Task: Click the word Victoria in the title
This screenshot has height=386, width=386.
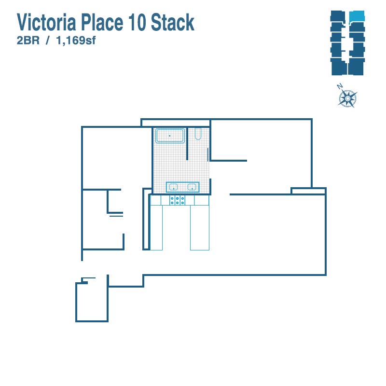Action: click(47, 22)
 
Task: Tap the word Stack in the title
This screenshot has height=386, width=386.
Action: click(173, 22)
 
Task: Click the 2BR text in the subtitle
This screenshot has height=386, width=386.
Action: click(28, 41)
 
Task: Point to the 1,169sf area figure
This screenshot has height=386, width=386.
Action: click(76, 41)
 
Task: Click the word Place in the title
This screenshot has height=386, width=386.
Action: click(102, 22)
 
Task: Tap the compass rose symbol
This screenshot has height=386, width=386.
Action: click(347, 98)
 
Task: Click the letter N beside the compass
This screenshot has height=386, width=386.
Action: click(340, 86)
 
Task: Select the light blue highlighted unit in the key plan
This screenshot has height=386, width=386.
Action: click(357, 16)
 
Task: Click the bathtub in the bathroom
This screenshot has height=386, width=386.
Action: click(170, 136)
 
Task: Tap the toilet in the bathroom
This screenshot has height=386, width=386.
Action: click(198, 134)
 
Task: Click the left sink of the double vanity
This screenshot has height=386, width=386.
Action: click(174, 187)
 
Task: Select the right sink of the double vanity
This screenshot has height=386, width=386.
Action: click(192, 187)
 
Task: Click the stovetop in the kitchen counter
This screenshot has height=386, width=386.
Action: click(177, 200)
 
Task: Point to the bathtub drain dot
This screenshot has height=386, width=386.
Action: click(170, 136)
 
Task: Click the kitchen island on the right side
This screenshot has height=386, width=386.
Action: click(200, 228)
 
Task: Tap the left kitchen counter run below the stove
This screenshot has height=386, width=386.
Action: click(156, 228)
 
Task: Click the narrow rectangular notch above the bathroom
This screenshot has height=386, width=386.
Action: click(175, 123)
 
